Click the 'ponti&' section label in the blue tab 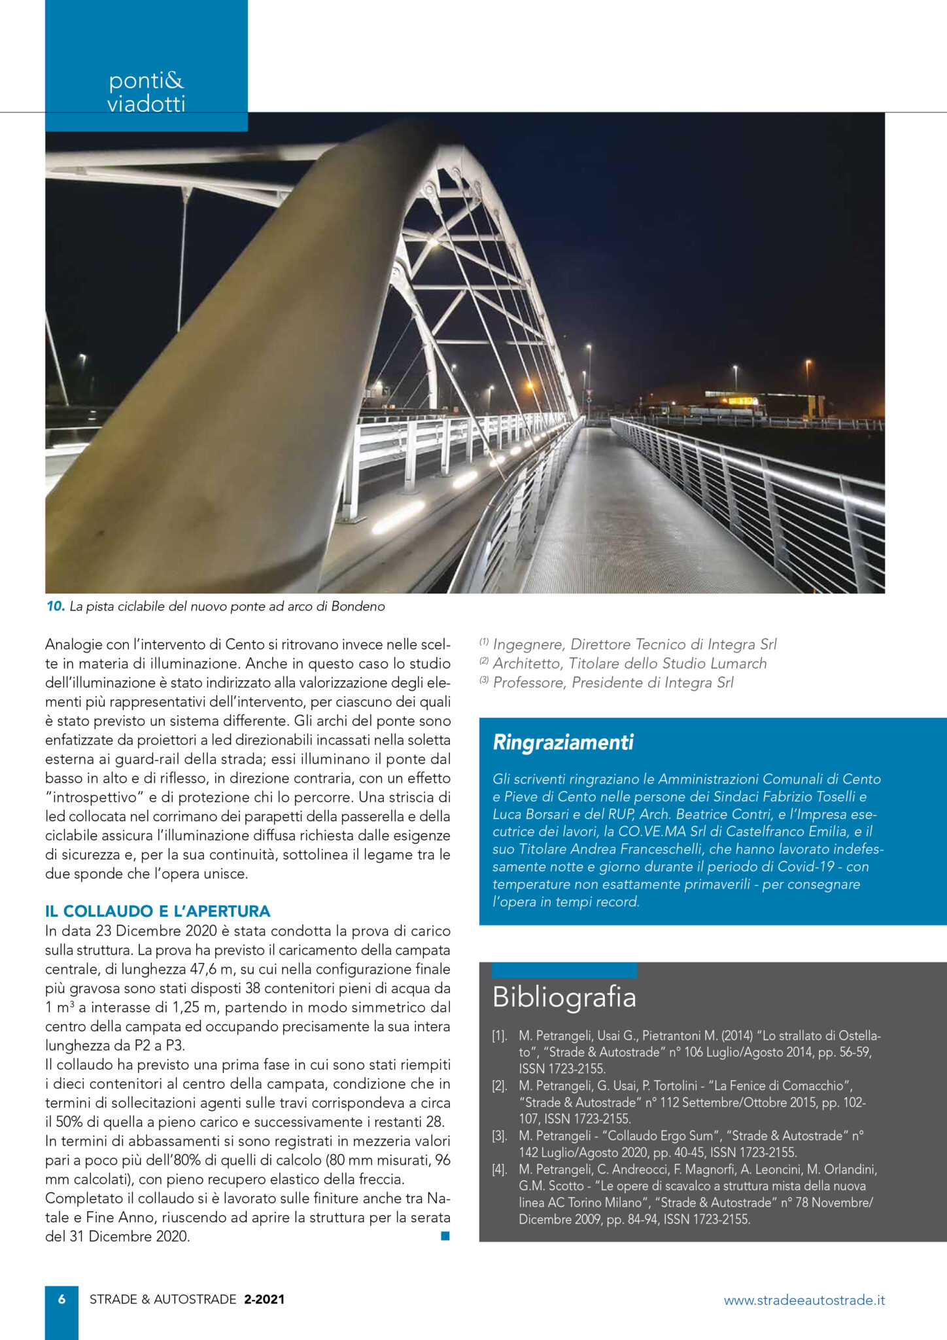coord(146,80)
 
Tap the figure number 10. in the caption coord(56,607)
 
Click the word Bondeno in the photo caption coord(358,607)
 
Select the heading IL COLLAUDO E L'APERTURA coord(158,911)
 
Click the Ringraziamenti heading coord(562,743)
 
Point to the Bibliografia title coord(564,996)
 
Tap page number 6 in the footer coord(61,1299)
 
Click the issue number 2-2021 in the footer coord(264,1299)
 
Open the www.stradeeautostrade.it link coord(804,1300)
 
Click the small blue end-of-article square coord(445,1236)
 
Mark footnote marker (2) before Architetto coord(484,661)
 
